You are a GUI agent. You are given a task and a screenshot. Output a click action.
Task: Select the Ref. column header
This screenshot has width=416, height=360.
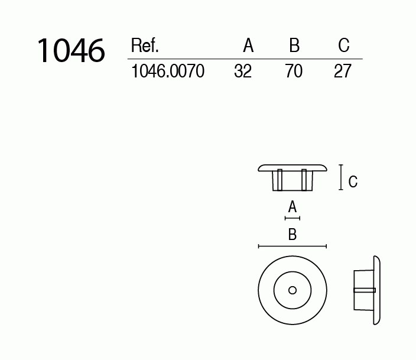[144, 46]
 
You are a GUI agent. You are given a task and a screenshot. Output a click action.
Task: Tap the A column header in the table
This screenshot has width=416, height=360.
[248, 46]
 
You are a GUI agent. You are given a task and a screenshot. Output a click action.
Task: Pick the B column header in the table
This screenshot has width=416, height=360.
[294, 46]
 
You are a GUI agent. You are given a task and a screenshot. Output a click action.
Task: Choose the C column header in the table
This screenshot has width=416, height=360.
[344, 46]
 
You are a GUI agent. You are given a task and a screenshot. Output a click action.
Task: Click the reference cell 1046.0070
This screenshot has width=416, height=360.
[167, 72]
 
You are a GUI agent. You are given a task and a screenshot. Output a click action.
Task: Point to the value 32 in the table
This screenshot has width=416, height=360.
[243, 72]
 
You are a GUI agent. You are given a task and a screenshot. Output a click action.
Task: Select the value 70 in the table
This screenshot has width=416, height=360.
[294, 72]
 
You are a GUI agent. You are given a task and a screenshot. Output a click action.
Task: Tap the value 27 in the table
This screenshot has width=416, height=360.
[343, 72]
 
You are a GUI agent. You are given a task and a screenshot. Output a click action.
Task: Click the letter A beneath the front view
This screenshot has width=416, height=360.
[292, 207]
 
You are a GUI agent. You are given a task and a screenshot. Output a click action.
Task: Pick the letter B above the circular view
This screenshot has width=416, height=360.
[292, 235]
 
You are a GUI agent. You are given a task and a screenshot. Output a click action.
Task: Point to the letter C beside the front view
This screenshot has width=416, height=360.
[353, 182]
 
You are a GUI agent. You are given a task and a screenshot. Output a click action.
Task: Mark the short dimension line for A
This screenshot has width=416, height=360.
[292, 218]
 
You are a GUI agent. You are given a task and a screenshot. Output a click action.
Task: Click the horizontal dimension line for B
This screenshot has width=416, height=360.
[292, 246]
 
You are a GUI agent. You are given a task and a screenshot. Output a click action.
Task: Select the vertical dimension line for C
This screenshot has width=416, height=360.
[340, 178]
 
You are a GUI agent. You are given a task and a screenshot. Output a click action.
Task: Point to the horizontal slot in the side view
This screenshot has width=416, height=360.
[364, 290]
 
